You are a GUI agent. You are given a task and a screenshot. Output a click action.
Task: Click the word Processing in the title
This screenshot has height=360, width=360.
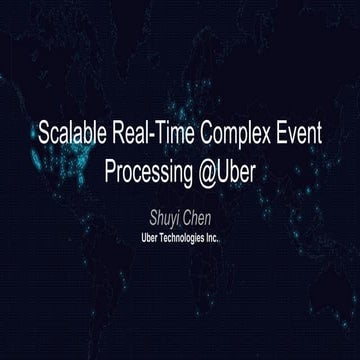pyautogui.click(x=139, y=170)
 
